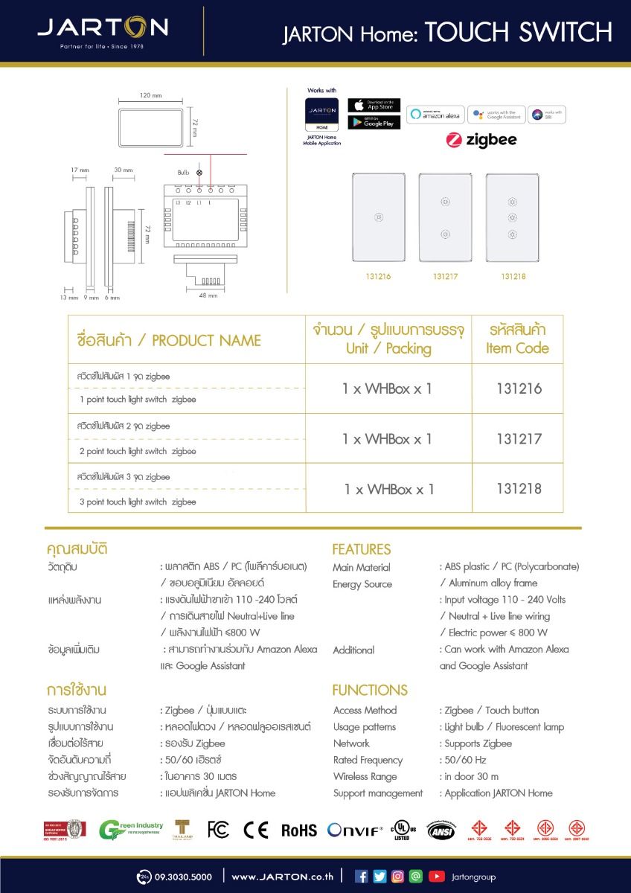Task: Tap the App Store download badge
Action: tap(374, 106)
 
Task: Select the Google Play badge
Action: tap(374, 122)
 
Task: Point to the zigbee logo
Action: tap(481, 140)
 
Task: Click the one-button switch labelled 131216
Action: tap(379, 217)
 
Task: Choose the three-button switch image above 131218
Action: tap(513, 217)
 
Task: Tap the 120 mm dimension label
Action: tap(150, 96)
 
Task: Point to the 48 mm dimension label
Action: tap(208, 295)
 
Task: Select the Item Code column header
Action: tap(517, 339)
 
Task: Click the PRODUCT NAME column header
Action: tap(169, 341)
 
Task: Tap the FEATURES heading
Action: tap(361, 549)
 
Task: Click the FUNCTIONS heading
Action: tap(370, 690)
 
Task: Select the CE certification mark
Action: tap(255, 830)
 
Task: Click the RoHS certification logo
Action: tap(298, 830)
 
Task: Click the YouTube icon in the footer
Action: tap(437, 877)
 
